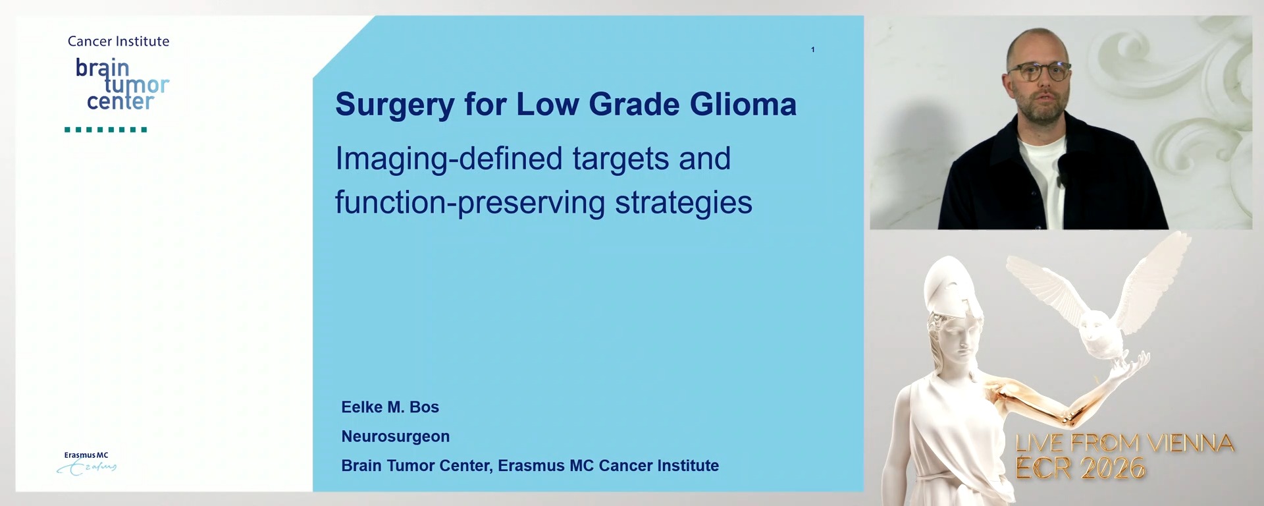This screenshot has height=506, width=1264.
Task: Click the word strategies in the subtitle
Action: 683,203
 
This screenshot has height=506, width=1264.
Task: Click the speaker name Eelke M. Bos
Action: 390,407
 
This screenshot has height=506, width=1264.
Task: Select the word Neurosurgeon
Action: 395,436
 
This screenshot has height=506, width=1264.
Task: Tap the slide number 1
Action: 813,49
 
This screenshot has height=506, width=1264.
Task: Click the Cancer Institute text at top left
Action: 118,42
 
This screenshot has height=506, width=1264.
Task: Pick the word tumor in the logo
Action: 137,84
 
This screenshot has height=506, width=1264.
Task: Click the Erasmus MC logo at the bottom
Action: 86,463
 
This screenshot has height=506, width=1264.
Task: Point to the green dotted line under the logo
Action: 105,130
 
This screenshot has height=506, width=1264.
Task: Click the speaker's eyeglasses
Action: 1039,71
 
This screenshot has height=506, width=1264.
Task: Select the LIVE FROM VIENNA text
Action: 1124,443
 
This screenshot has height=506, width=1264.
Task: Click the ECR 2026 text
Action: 1080,468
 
